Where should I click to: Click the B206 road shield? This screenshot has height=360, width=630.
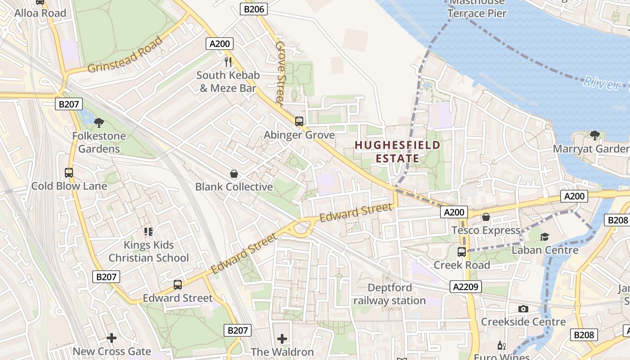254,9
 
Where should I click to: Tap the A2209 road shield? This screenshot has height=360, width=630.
465,287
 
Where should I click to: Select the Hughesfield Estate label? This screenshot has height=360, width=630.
397,152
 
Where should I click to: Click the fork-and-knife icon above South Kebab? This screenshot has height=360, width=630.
228,62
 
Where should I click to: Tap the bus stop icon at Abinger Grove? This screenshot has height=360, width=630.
299,121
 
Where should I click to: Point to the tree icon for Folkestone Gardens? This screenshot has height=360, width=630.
99,122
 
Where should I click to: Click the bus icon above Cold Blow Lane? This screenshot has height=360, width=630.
69,172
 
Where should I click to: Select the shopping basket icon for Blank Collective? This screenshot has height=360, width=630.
234,173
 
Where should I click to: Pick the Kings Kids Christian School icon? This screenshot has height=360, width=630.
148,232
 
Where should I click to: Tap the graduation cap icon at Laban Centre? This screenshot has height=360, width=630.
545,236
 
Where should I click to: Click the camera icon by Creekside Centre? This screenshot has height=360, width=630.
523,309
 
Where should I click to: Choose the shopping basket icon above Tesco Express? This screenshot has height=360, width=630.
486,217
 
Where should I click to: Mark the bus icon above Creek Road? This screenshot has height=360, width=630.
462,252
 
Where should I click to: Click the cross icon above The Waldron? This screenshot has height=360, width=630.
282,338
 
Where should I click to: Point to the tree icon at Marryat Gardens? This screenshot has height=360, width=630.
594,135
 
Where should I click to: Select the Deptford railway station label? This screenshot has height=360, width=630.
390,294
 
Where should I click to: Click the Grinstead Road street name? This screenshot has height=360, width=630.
125,54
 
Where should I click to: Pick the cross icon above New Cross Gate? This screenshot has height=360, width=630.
112,337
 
